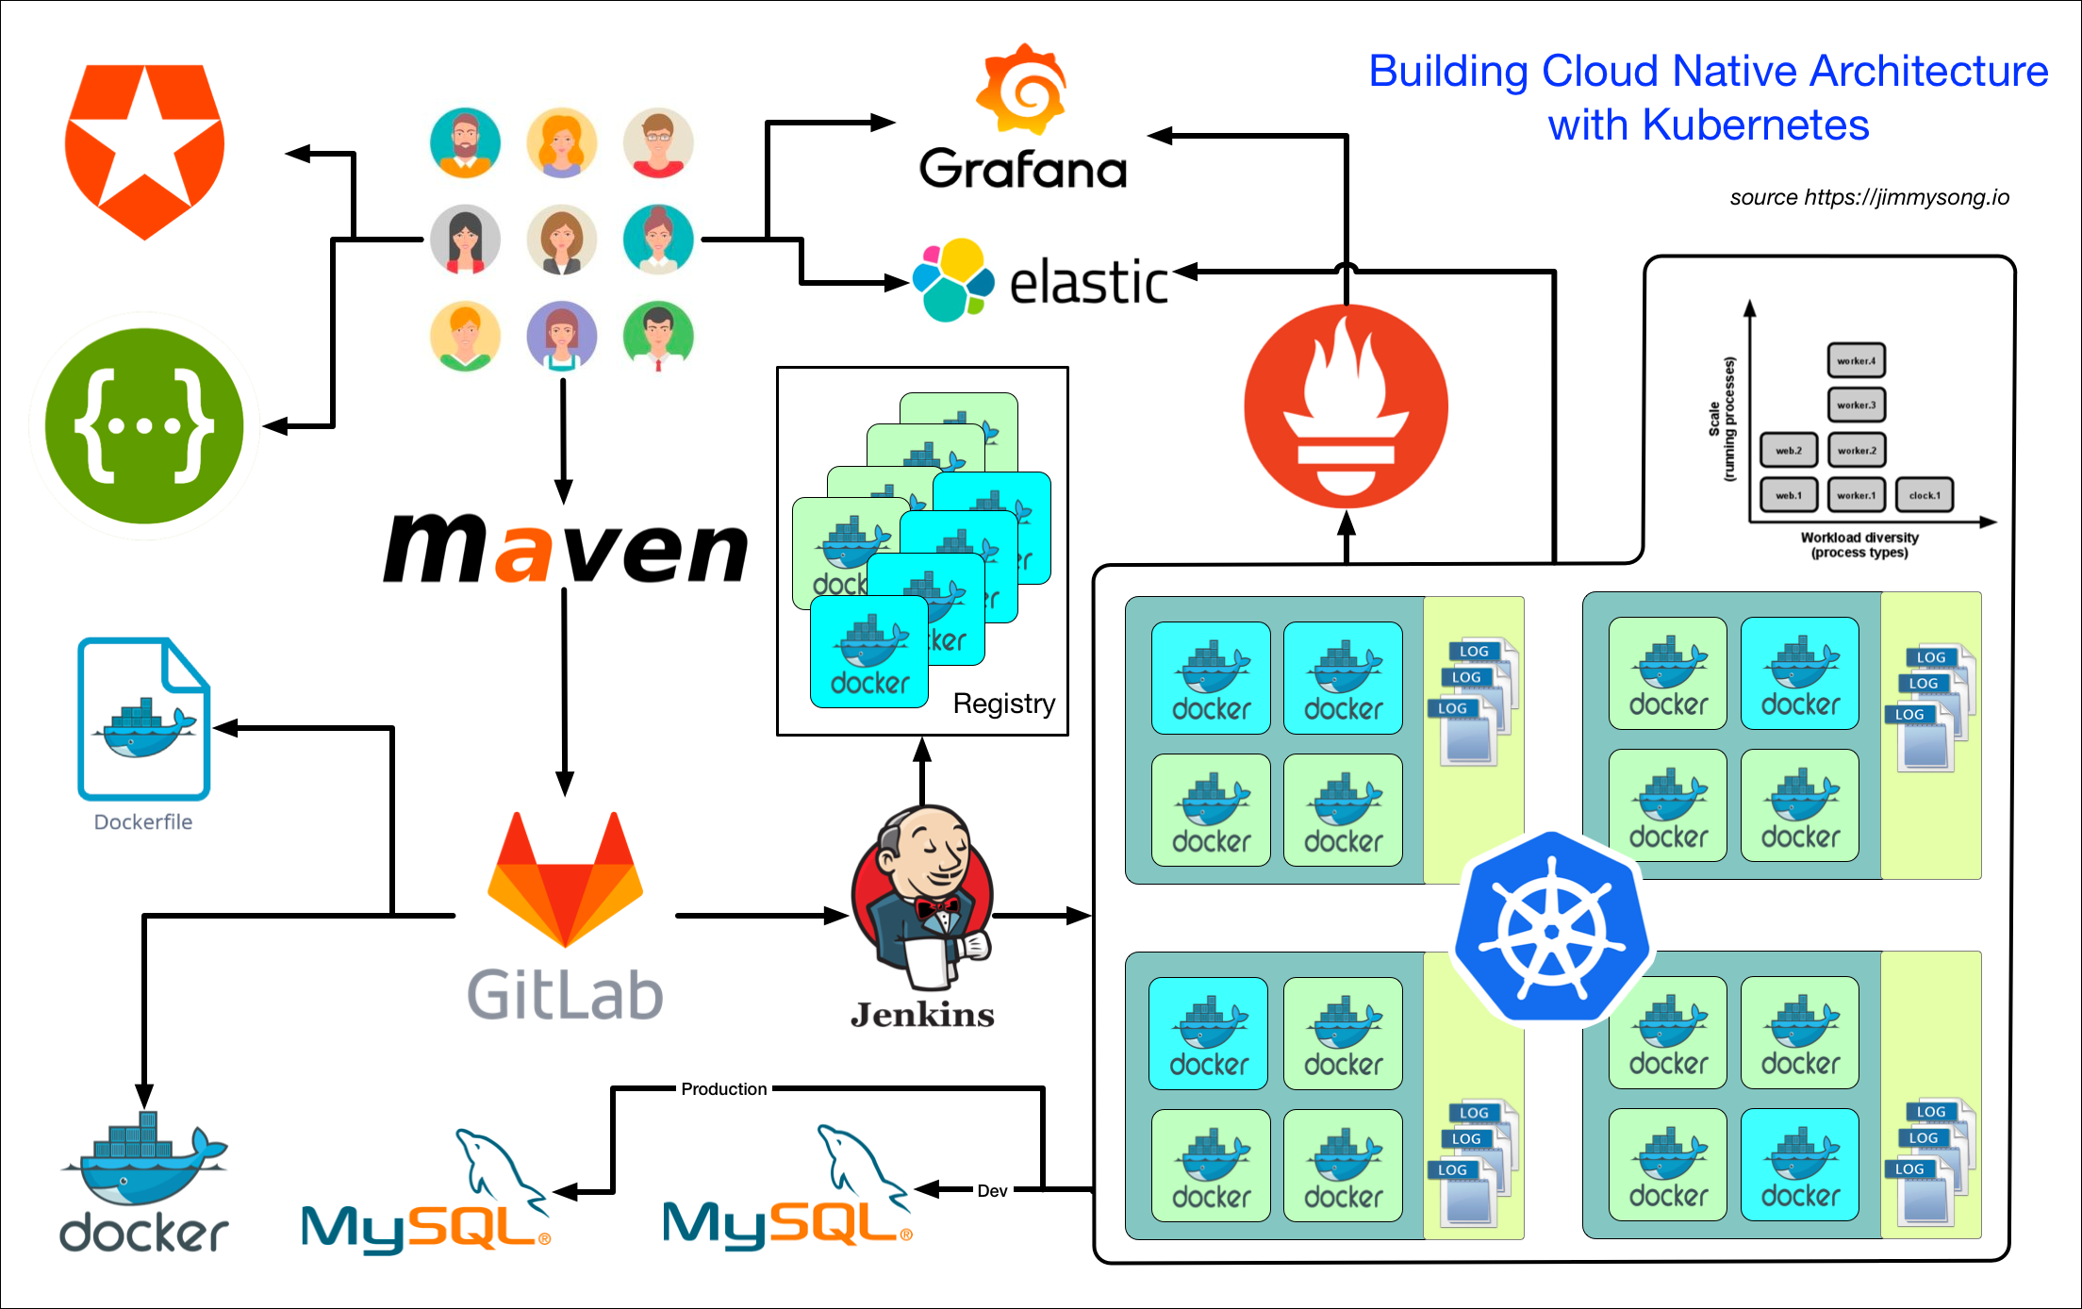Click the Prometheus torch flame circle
tap(1346, 406)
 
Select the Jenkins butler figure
tap(922, 896)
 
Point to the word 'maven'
tap(566, 548)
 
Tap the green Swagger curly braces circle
tap(144, 425)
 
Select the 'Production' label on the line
tap(724, 1089)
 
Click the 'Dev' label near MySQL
tap(992, 1191)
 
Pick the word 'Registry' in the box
tap(1003, 704)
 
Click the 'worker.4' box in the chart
tap(1856, 361)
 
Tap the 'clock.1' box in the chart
tap(1924, 495)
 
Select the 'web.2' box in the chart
tap(1788, 451)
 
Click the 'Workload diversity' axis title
tap(1859, 538)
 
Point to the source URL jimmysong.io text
tap(1869, 197)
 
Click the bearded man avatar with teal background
tap(465, 142)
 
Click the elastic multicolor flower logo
tap(952, 279)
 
